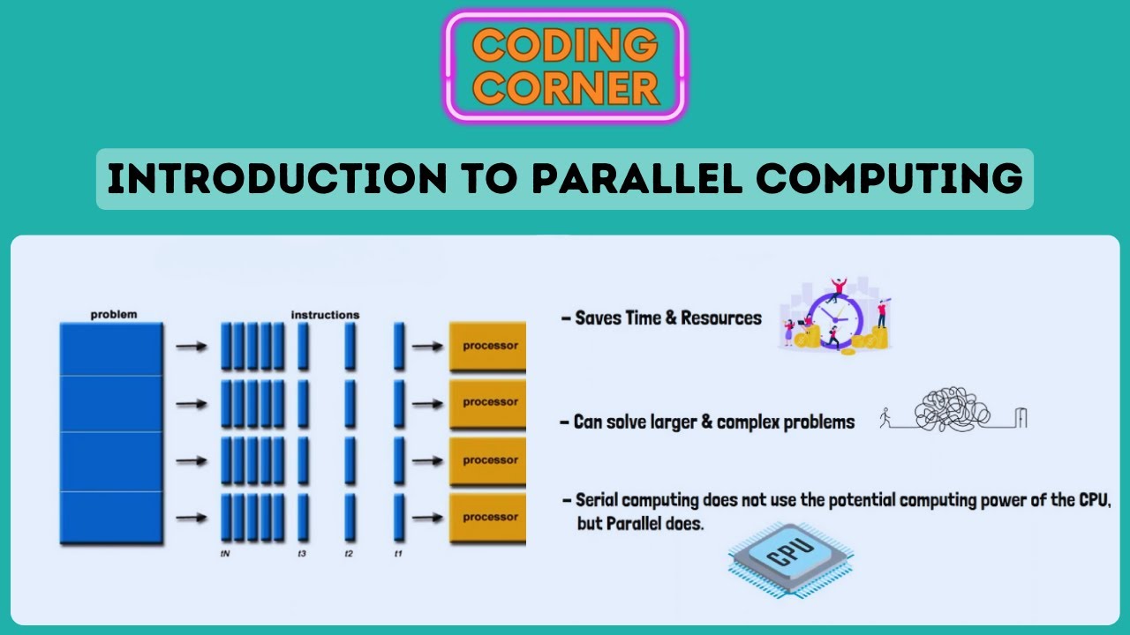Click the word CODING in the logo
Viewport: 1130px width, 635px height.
pos(565,43)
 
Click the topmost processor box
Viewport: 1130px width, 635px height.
pos(488,346)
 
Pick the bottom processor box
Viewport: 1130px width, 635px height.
pos(488,518)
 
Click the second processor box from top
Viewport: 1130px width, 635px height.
pos(488,402)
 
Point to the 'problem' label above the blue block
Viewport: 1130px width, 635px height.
pos(114,315)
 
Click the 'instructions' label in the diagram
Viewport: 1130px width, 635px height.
pos(325,315)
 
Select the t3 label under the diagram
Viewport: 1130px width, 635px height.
pos(302,554)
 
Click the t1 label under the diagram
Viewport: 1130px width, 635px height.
pos(398,554)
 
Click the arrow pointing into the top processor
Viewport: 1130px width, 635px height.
pos(428,347)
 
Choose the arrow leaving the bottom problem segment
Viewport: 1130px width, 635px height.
pos(191,518)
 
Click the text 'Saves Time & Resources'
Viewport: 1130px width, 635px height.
pos(667,318)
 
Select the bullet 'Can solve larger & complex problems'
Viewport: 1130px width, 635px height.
pos(713,422)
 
